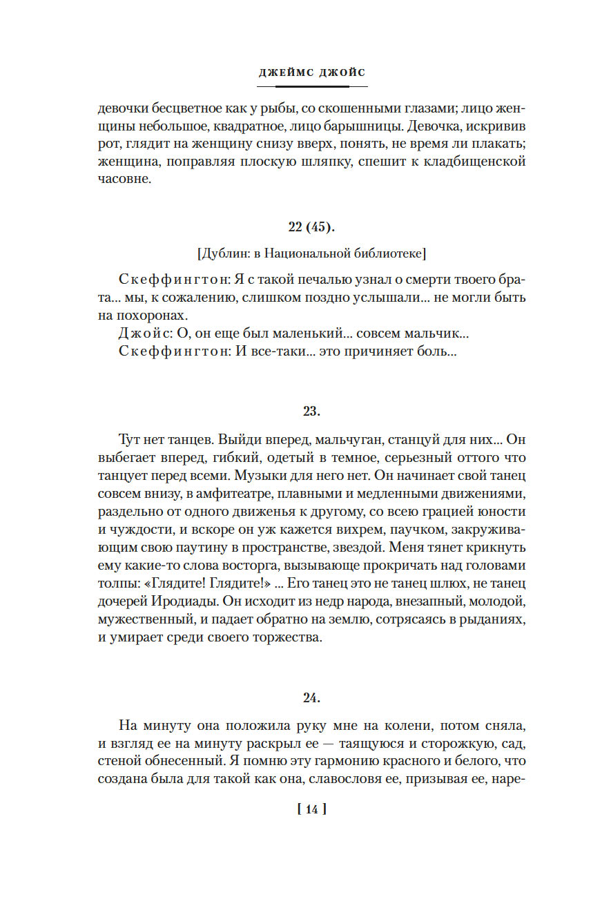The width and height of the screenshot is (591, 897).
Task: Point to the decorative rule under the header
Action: [x=312, y=86]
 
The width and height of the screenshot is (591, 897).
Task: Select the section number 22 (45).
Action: [x=311, y=228]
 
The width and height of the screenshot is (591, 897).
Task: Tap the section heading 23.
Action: [x=311, y=412]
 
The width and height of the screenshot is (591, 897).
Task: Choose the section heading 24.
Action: [x=311, y=698]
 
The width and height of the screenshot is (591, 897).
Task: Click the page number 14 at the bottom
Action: [x=311, y=809]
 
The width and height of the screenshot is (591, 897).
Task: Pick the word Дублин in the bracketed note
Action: [x=220, y=254]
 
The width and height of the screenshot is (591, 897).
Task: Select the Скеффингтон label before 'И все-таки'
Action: [x=168, y=351]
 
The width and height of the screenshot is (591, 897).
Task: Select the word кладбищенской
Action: [x=478, y=163]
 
